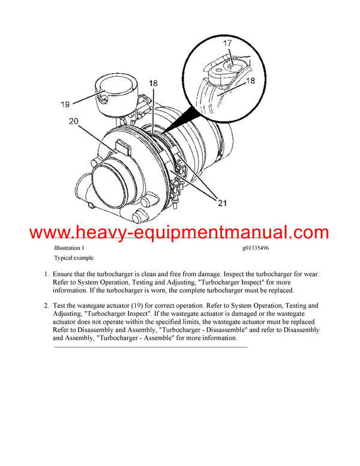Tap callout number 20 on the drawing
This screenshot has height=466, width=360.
pos(74,121)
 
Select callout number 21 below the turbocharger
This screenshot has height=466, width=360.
pos(223,203)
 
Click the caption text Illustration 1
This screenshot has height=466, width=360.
pos(69,247)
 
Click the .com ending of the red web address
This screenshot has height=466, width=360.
pos(307,232)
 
